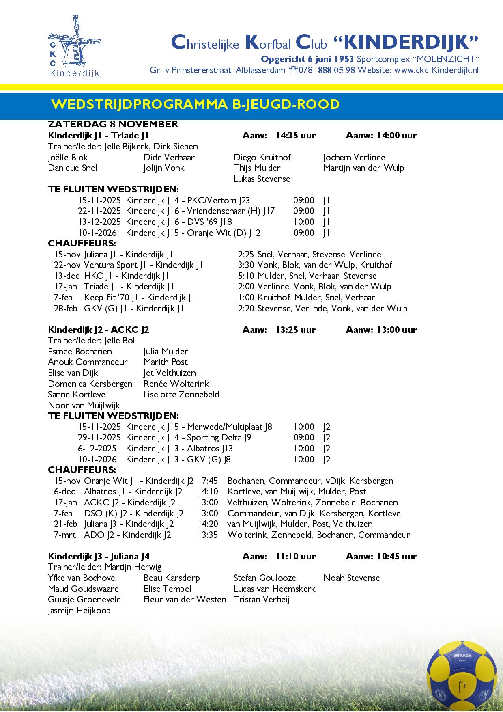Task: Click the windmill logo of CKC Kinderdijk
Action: pos(74,46)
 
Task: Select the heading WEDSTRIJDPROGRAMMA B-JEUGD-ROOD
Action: pos(196,104)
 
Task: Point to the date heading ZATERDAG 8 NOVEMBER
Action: pos(113,124)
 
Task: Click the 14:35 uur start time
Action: pos(295,136)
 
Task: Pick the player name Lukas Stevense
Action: pos(262,179)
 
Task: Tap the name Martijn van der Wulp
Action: pos(364,168)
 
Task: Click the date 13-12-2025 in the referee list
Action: pos(99,222)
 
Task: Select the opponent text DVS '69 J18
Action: pos(209,222)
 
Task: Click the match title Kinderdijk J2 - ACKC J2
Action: pos(99,330)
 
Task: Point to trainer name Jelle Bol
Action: pos(120,341)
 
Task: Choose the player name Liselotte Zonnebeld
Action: pos(181,395)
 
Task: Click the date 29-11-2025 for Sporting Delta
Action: pos(99,438)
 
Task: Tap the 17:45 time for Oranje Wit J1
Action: pos(208,481)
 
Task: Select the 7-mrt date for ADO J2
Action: pos(65,535)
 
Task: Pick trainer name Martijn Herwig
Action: pos(133,567)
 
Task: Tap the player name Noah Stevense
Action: pos(352,578)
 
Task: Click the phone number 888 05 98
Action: pos(336,70)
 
